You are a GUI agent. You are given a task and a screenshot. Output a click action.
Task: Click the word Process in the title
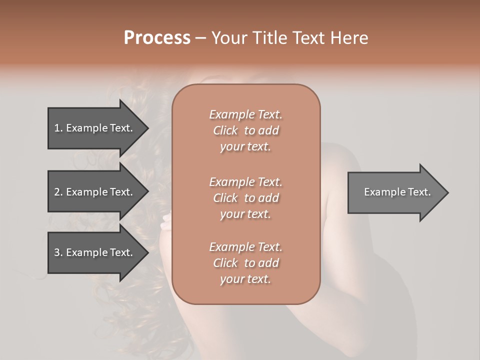tap(157, 38)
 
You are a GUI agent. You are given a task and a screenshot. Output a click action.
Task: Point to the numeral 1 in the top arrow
tap(56, 128)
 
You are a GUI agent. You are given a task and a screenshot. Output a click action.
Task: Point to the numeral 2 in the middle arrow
tap(57, 192)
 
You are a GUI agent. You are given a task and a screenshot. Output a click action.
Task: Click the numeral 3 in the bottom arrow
tap(57, 252)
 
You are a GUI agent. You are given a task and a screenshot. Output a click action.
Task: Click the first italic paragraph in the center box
tap(246, 130)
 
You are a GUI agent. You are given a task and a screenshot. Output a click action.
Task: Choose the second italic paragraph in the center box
tap(246, 197)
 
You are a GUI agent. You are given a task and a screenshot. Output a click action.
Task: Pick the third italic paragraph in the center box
tap(246, 263)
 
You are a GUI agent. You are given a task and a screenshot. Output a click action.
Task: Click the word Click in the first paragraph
tap(225, 130)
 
